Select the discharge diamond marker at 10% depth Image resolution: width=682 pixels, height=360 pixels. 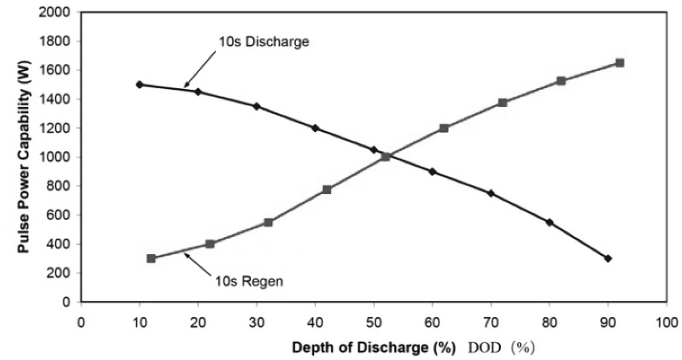(x=139, y=84)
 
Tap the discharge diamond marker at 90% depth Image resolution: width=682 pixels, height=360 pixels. (x=608, y=259)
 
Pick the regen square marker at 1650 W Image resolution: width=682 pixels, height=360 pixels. (x=620, y=62)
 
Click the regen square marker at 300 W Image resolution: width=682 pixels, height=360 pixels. (x=151, y=259)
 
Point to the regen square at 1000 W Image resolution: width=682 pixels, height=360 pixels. (x=386, y=157)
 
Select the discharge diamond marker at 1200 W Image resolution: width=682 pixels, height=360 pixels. (x=315, y=128)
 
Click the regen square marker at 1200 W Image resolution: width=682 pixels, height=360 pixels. (x=444, y=128)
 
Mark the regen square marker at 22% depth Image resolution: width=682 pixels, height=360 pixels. (x=210, y=244)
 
